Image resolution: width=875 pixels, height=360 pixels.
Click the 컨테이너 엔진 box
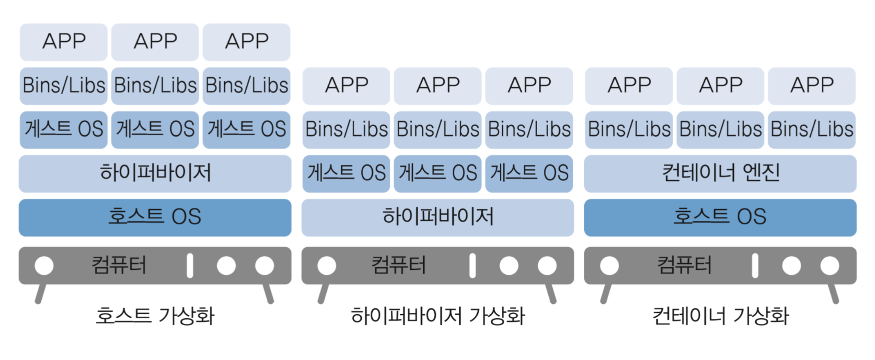pos(720,173)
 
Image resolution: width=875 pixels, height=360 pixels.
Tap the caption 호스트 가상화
pos(155,316)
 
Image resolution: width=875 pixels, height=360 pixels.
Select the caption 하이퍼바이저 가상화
pos(437,316)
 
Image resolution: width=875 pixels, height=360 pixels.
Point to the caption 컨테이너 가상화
pos(720,316)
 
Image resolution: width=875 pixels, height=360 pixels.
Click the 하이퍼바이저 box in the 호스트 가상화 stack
pos(155,173)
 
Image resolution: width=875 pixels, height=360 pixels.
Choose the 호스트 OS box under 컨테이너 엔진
pos(720,217)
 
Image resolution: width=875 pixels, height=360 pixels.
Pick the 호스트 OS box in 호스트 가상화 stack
pos(155,217)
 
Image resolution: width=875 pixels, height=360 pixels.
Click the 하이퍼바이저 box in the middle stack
pos(437,217)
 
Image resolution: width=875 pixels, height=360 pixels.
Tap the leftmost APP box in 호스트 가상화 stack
pos(64,42)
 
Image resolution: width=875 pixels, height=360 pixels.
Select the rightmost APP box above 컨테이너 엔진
pos(811,86)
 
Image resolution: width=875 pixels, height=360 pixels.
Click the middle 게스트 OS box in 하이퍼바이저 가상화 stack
pos(437,173)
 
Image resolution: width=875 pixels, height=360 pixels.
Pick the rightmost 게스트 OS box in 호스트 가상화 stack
pos(246,130)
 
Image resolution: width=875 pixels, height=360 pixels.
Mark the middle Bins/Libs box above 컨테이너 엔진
pos(720,130)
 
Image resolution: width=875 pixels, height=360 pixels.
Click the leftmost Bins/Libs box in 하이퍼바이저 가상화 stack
pos(346,130)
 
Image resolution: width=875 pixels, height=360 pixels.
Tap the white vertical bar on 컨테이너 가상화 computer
pos(755,266)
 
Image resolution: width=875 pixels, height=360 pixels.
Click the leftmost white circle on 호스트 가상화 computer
pos(44,266)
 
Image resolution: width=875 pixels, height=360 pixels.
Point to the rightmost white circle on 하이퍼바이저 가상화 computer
pos(547,266)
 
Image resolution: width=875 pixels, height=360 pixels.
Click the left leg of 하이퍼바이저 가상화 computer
pos(323,294)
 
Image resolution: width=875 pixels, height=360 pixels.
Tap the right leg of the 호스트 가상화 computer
pos(268,294)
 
